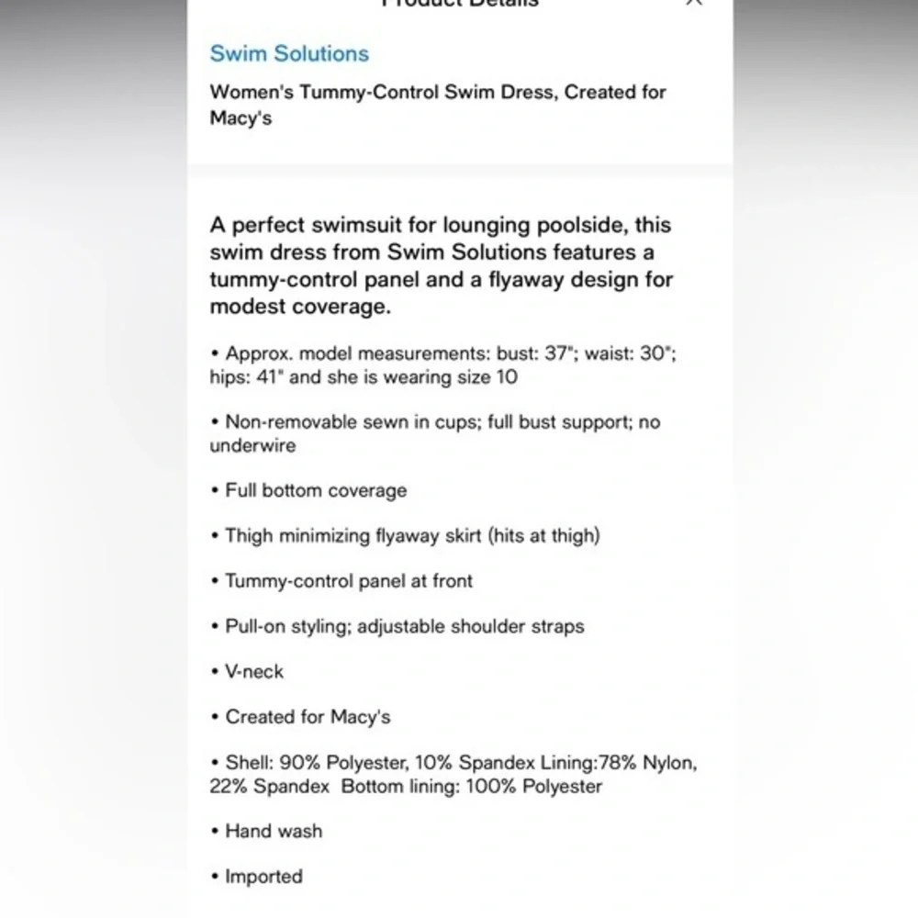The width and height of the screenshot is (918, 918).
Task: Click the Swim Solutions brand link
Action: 289,53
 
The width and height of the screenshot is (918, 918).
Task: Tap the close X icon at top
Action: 694,3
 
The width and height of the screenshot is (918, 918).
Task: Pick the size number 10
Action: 506,376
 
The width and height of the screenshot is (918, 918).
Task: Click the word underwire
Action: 252,445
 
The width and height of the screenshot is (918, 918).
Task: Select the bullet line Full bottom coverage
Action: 316,490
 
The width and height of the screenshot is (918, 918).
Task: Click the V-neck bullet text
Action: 254,671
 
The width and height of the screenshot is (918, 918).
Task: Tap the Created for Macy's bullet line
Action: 308,716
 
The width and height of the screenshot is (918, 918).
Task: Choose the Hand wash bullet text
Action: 274,831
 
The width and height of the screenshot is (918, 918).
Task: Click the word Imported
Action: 263,876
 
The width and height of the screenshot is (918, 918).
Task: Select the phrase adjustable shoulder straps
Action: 470,626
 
